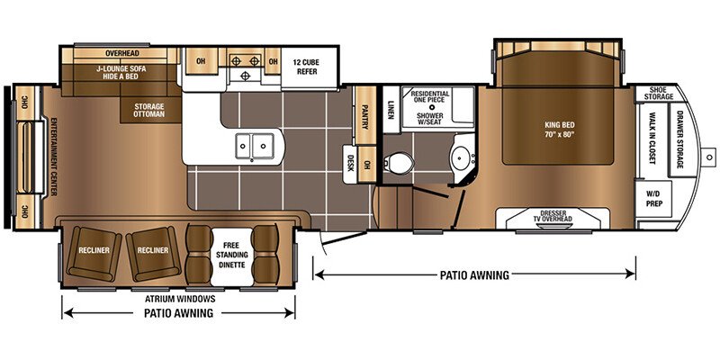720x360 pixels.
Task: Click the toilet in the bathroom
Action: coord(399,163)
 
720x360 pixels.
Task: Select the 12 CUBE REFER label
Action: coord(307,67)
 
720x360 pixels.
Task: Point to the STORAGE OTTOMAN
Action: coord(149,110)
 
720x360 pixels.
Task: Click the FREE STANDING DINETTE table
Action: coord(232,255)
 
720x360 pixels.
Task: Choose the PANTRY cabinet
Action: coord(365,115)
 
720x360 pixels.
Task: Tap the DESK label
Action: coord(350,162)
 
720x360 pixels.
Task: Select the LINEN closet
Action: coord(391,110)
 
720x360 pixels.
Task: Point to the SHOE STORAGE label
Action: coord(659,93)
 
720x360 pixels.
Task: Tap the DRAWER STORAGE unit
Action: coord(680,139)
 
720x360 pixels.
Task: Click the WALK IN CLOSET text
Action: coord(651,138)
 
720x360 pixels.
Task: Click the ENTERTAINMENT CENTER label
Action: coord(53,157)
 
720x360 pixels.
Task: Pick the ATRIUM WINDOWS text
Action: coord(180,299)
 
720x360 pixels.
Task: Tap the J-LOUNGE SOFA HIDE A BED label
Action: coord(121,73)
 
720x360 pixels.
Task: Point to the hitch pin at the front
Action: coord(710,157)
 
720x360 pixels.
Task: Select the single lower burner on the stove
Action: coord(245,76)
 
